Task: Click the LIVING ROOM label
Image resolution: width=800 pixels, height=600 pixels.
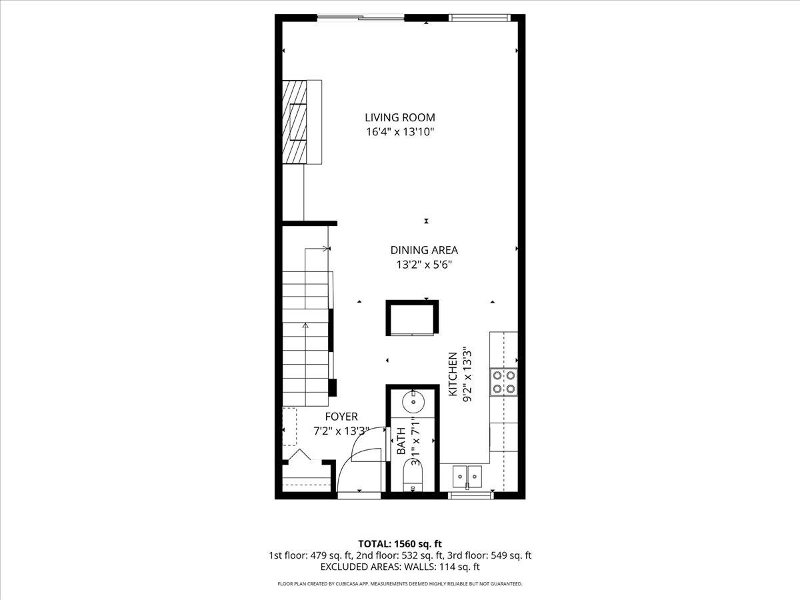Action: tap(400, 118)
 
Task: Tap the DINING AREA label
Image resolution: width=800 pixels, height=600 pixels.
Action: tap(424, 250)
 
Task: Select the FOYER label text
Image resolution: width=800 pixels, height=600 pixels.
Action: tap(341, 417)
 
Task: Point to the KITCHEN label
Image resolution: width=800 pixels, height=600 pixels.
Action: tap(453, 374)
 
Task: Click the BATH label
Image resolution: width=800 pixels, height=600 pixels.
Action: tap(401, 441)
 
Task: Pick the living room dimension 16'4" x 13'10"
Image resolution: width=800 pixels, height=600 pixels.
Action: tap(400, 132)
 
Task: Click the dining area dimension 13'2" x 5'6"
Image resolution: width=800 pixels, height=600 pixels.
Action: tap(424, 265)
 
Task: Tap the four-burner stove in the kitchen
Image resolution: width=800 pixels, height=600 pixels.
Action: tap(504, 383)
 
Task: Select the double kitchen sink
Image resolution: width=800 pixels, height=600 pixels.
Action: tap(467, 477)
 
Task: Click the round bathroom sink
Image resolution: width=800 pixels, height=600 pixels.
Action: tap(414, 402)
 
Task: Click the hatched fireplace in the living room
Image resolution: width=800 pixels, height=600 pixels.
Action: tap(295, 122)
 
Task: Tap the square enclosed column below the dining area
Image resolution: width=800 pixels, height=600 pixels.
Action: tap(412, 318)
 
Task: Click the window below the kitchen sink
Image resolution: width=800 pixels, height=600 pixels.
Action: tap(471, 495)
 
